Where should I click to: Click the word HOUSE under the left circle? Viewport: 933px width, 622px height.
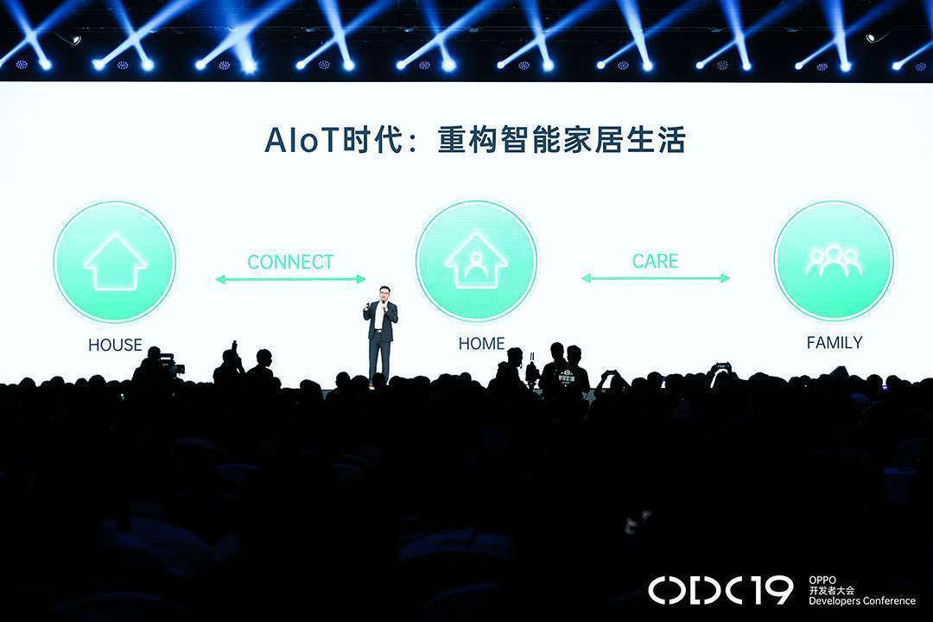point(116,345)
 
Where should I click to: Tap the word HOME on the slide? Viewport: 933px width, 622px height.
point(481,344)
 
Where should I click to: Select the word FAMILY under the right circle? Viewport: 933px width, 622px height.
point(835,342)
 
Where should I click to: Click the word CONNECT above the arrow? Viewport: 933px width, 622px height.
point(290,262)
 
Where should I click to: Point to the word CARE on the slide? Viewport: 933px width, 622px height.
point(655,261)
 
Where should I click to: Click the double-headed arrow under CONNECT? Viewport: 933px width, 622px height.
point(290,279)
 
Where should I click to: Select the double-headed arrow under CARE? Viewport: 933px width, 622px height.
point(656,278)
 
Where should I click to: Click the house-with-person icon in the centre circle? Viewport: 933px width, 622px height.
point(476,261)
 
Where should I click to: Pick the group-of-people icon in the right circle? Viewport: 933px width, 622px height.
point(833,261)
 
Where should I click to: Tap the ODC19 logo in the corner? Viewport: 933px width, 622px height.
point(720,590)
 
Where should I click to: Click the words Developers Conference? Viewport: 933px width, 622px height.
point(861,600)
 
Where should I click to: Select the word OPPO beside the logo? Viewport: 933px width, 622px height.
point(822,580)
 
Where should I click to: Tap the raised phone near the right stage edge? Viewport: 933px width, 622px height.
point(721,365)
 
